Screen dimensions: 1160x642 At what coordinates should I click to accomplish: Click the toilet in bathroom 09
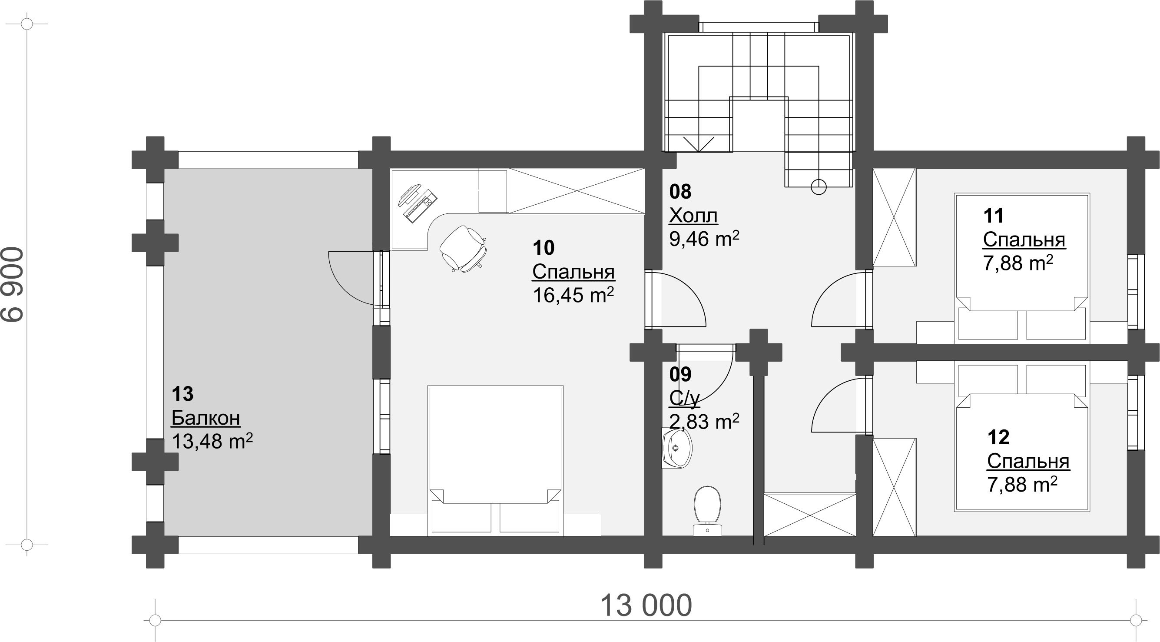coord(708,511)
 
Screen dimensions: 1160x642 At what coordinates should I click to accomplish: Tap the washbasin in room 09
coord(676,448)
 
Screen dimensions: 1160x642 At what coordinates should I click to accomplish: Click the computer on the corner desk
coord(418,202)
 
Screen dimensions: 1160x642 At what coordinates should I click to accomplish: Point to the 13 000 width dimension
coord(646,606)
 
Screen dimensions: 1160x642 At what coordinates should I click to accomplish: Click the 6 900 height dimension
coord(13,284)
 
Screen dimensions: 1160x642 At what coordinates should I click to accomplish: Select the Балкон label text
coord(206,418)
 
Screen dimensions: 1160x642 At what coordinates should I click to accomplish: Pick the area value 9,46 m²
coord(704,239)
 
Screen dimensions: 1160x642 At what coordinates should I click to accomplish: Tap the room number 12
coord(998,437)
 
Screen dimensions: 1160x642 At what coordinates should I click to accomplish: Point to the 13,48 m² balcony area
coord(212,442)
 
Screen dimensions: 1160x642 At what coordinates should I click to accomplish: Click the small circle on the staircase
coord(819,186)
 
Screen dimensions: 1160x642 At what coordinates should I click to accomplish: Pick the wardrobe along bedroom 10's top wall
coord(577,191)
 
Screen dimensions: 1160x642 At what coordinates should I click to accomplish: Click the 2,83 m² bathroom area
coord(704,422)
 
